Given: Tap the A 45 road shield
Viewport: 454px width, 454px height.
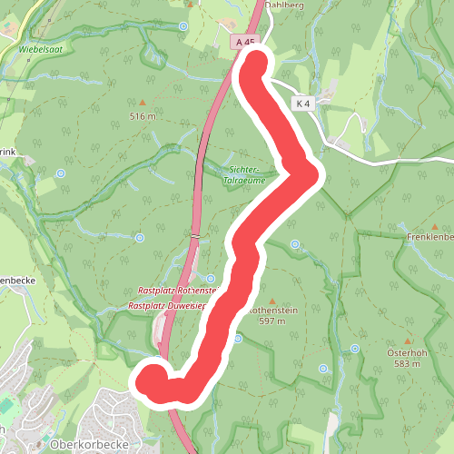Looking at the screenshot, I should [x=243, y=42].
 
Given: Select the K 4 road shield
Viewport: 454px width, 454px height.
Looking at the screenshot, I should [x=302, y=104].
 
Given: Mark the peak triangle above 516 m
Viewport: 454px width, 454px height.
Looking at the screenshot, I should [x=143, y=102].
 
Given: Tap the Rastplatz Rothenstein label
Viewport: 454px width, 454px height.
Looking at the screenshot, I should [x=177, y=290].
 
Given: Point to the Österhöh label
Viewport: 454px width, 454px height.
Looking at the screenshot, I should [x=405, y=352].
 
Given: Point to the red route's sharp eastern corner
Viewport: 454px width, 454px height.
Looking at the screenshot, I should [x=311, y=173].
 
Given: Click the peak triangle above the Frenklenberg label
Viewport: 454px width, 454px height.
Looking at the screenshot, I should [x=435, y=226].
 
